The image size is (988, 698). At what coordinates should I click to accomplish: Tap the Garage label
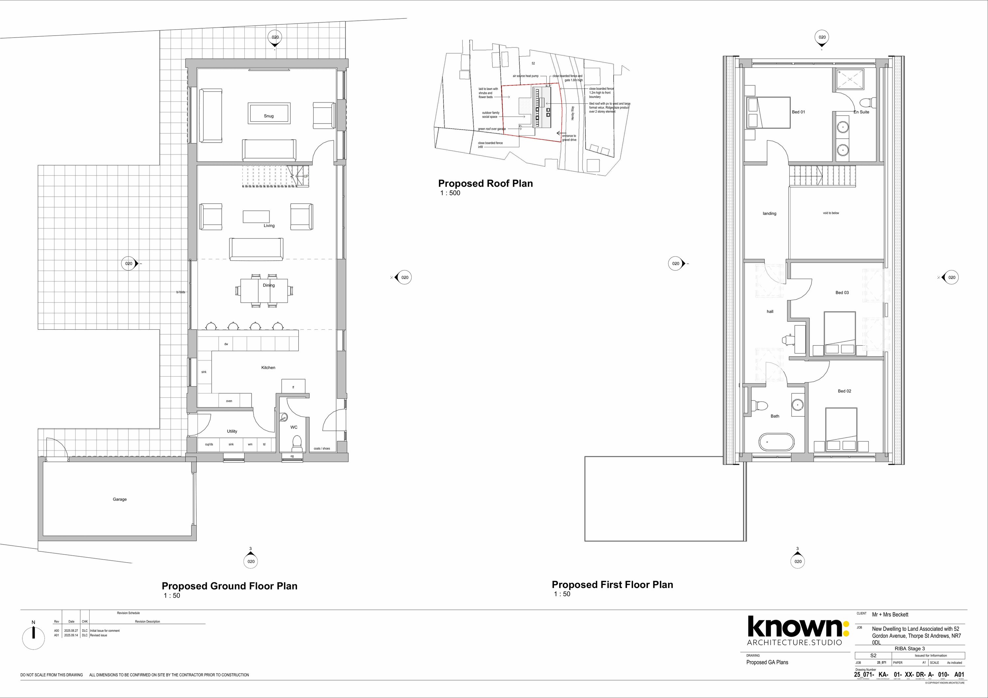pyautogui.click(x=120, y=499)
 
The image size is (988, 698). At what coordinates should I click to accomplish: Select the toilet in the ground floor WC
pyautogui.click(x=296, y=442)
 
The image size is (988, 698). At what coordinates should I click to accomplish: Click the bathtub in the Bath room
pyautogui.click(x=776, y=442)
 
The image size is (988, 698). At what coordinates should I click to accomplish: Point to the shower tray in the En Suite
pyautogui.click(x=850, y=79)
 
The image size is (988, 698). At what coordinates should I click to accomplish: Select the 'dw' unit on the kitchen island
pyautogui.click(x=226, y=344)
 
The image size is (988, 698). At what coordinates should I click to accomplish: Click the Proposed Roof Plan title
pyautogui.click(x=485, y=183)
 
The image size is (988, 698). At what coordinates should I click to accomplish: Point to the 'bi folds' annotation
pyautogui.click(x=181, y=292)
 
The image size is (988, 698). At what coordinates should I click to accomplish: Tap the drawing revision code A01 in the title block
pyautogui.click(x=959, y=674)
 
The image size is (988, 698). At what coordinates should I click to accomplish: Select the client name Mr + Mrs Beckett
pyautogui.click(x=890, y=615)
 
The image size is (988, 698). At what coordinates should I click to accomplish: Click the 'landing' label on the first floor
pyautogui.click(x=769, y=213)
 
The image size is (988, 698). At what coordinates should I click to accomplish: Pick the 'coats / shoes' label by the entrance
pyautogui.click(x=322, y=448)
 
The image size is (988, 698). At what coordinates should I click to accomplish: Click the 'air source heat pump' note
pyautogui.click(x=525, y=76)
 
